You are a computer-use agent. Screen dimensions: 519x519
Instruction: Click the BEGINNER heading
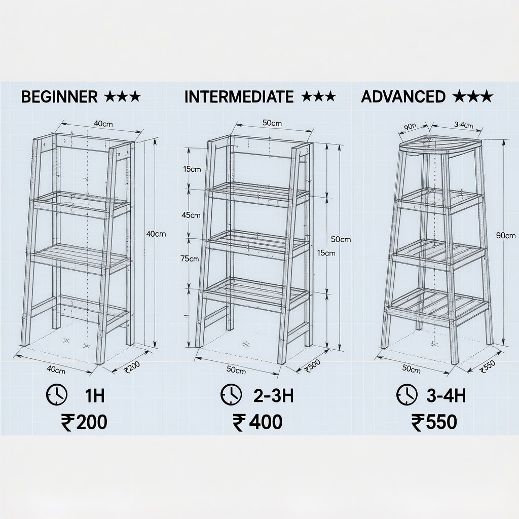tap(59, 97)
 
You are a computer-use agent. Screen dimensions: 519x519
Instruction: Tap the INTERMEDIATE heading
tap(239, 97)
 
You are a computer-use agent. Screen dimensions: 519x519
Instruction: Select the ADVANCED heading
tap(403, 96)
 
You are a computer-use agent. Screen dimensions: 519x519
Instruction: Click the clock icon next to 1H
tap(57, 394)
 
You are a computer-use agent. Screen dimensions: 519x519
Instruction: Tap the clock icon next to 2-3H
tap(231, 394)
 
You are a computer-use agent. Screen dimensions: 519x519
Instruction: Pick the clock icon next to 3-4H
tap(407, 394)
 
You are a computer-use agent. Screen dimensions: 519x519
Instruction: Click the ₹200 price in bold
tap(84, 422)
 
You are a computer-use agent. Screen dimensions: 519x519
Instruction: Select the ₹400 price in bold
tap(257, 422)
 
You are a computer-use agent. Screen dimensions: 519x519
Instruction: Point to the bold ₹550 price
tap(434, 422)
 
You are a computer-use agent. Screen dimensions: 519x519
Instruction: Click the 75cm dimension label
tap(190, 259)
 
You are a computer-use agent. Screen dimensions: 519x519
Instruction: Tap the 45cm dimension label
tap(191, 215)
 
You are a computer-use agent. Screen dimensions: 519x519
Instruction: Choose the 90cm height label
tap(506, 235)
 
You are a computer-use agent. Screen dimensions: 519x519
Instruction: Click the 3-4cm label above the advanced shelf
tap(463, 125)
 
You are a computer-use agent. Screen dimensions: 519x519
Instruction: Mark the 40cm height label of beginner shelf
tap(156, 234)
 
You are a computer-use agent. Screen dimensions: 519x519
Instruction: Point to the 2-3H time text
tap(273, 395)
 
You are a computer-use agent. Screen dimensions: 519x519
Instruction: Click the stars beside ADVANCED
tap(473, 96)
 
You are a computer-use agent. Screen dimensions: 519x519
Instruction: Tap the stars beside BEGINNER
tap(122, 97)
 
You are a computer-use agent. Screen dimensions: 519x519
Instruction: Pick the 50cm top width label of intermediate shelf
tap(272, 123)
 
